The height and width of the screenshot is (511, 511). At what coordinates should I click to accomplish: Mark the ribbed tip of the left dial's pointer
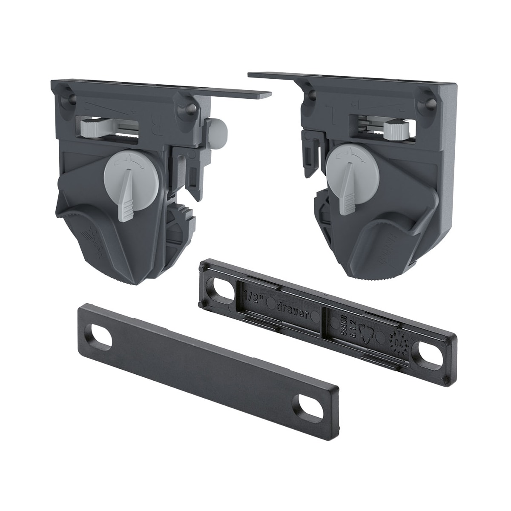(127, 207)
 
